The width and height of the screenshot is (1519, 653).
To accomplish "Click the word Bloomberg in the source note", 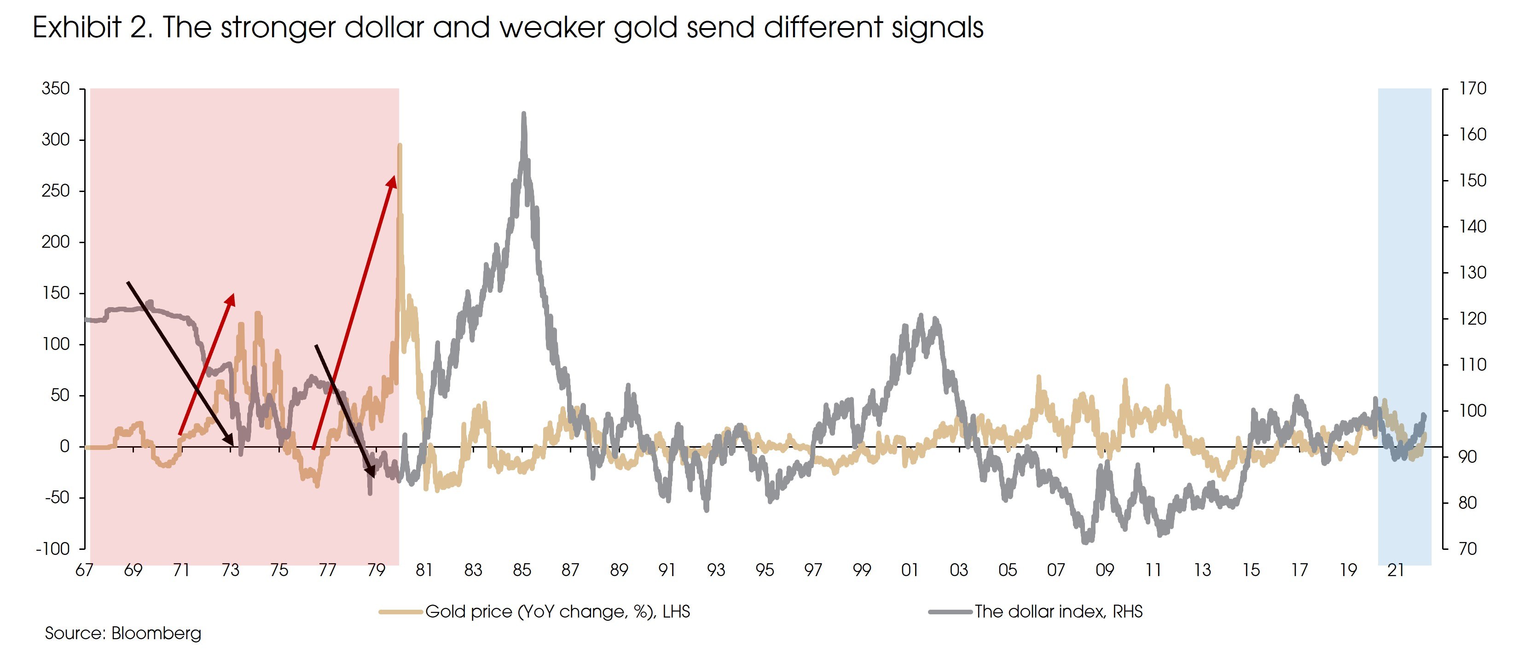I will [x=156, y=634].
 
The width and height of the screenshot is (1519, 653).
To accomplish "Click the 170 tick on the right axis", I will [x=1473, y=88].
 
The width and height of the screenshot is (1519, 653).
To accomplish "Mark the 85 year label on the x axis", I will [x=521, y=571].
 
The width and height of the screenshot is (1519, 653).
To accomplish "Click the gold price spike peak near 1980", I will [x=400, y=145].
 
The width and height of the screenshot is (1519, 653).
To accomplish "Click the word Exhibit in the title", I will [x=77, y=28].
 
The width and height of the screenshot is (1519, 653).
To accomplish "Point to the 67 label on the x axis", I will [x=84, y=571].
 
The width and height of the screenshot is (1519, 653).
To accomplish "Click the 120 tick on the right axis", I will [x=1473, y=319].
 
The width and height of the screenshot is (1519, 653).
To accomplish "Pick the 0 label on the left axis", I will [x=65, y=447].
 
